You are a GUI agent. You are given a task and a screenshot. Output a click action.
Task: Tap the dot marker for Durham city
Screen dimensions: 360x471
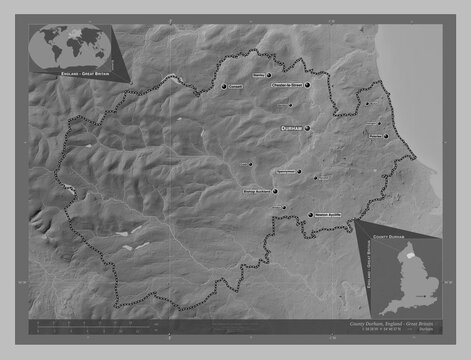coord(308,128)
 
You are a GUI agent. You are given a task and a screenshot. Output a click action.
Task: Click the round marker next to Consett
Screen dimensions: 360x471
coord(225,87)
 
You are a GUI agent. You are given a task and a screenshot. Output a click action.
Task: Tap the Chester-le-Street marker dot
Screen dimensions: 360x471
coord(308,87)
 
